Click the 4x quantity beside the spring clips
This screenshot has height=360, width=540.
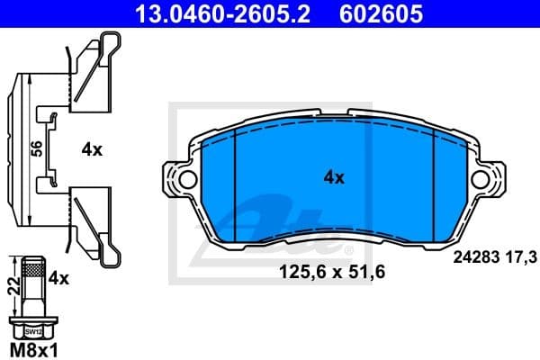(x=92, y=150)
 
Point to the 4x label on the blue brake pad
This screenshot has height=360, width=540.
(x=334, y=177)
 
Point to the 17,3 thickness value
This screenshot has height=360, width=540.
(x=521, y=258)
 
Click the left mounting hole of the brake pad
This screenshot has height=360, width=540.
(x=187, y=179)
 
